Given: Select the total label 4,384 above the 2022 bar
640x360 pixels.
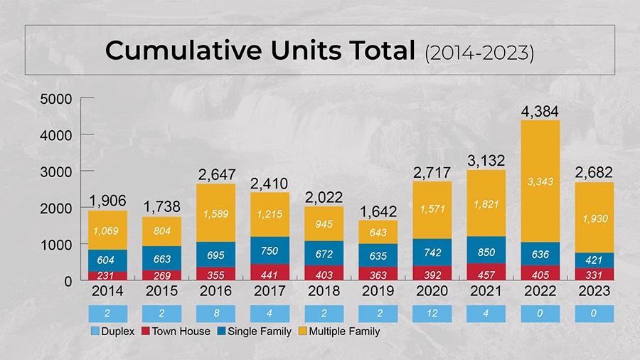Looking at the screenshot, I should point(540,112).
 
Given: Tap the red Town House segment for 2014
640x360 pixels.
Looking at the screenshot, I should point(107,276).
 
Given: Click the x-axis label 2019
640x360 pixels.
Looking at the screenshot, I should point(378,292).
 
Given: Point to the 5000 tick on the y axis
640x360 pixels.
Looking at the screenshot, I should point(57,99).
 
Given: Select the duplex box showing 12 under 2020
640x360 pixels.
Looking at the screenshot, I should point(432,313).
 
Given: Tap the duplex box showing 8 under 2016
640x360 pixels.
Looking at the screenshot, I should point(215,313).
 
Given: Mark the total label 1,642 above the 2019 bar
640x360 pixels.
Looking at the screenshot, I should point(378,211).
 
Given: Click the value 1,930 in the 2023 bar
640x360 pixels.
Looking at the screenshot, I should point(594,218).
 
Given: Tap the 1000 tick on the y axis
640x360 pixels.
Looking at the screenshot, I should point(57,244).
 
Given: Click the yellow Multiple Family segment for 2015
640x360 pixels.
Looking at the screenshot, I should point(161,231).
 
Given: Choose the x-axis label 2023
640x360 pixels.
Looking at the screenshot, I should point(594,292).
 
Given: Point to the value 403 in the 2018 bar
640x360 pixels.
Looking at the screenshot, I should point(324,274).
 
